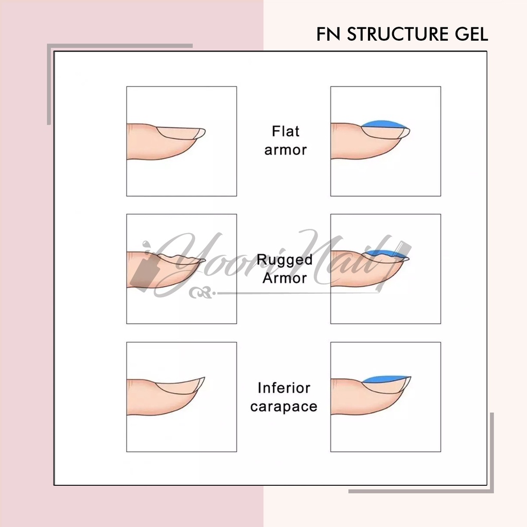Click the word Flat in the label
(285, 131)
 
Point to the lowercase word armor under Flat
(285, 150)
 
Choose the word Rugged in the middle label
(285, 260)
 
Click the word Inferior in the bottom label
(284, 388)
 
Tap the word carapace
(284, 407)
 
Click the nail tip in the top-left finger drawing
(200, 133)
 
